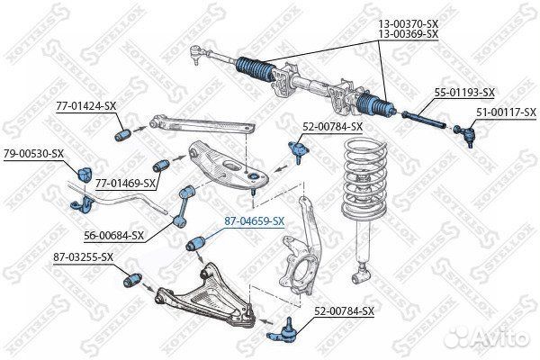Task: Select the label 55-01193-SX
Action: [x=464, y=92]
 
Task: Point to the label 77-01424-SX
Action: [x=87, y=106]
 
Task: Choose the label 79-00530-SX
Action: [x=32, y=153]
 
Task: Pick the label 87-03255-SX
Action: [x=83, y=256]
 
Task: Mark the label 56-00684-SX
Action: [x=114, y=236]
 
